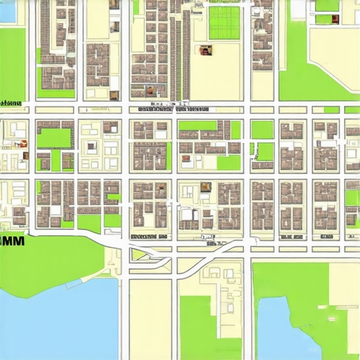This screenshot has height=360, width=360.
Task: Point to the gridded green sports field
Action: click(x=224, y=22)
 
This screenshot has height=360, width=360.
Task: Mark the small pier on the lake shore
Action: click(x=73, y=285)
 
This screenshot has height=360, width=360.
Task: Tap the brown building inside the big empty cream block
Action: click(x=205, y=51)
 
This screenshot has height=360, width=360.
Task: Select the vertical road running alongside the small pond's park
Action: click(x=251, y=309)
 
